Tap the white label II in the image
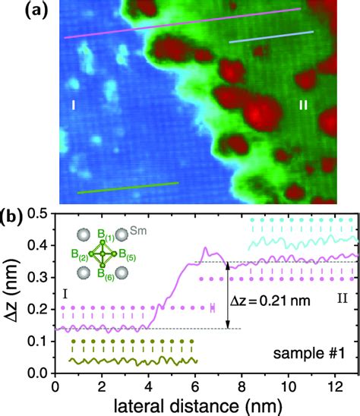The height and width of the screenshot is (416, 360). [303, 106]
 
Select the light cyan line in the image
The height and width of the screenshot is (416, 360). [271, 37]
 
